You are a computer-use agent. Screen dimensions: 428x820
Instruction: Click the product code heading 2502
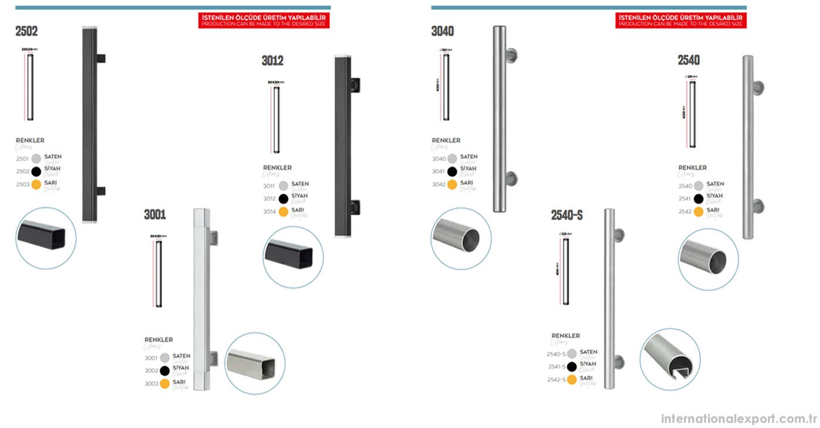(26, 32)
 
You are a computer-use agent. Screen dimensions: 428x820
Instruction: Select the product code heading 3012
(273, 60)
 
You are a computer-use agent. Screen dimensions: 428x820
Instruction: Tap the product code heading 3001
(155, 215)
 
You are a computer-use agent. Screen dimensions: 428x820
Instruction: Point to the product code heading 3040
(443, 32)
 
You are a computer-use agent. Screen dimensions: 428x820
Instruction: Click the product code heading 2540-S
(566, 215)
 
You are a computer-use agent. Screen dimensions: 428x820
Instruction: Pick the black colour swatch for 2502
(36, 171)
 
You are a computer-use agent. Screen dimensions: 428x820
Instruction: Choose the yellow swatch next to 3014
(284, 212)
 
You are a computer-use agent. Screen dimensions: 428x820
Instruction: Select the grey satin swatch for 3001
(165, 358)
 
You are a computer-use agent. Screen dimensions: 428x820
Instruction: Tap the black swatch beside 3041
(452, 172)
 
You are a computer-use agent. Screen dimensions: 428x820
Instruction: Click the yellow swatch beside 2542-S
(572, 380)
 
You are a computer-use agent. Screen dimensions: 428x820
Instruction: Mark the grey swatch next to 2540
(699, 186)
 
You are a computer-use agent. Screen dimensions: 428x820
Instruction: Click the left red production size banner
(264, 21)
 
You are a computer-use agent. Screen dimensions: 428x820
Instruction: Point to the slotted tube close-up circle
(670, 359)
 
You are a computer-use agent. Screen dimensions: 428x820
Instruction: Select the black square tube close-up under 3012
(293, 257)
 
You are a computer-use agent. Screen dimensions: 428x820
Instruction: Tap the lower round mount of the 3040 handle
(511, 178)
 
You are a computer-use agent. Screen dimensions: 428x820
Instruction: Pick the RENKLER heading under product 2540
(692, 168)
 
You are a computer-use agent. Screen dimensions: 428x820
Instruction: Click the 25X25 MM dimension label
(29, 50)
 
